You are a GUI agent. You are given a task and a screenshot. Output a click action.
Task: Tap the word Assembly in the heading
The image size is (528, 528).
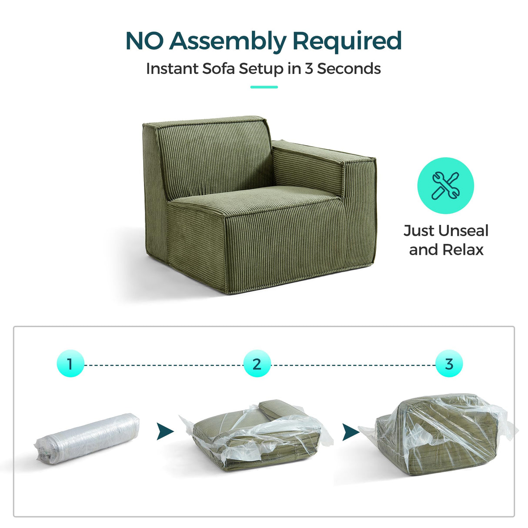227,42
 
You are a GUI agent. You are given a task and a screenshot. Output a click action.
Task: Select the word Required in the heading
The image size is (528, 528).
347,42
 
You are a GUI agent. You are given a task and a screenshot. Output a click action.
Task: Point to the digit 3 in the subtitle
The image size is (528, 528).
308,69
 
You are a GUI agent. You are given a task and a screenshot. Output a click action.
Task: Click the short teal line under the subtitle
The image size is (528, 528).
264,87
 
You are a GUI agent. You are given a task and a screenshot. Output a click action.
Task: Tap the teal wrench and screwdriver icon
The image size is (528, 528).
445,186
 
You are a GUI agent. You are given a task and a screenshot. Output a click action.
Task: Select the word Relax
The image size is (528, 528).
463,250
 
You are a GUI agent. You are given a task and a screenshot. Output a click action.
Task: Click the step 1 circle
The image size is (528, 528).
70,364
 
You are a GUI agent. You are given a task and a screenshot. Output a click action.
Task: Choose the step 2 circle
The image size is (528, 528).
257,364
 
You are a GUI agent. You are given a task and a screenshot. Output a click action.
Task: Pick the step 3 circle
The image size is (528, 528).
449,364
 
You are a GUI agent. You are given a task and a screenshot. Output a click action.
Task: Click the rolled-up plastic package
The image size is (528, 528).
87,438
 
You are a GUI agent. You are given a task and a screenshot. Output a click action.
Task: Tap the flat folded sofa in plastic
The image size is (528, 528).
257,437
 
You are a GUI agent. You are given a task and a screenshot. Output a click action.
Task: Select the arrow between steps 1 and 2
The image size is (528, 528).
164,431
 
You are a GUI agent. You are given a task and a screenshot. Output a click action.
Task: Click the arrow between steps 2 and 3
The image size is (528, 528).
351,432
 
